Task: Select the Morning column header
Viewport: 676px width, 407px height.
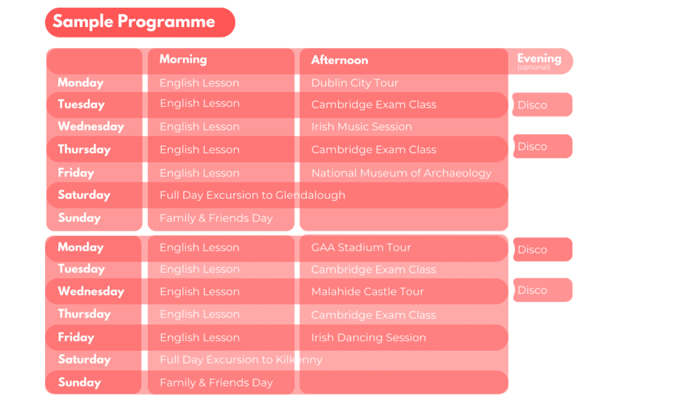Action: (x=184, y=59)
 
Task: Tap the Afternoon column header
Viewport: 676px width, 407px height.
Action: (x=340, y=60)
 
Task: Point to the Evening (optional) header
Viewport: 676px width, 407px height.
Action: (x=539, y=61)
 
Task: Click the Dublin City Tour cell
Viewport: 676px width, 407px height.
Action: (x=355, y=83)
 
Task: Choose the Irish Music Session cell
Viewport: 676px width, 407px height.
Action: (x=362, y=126)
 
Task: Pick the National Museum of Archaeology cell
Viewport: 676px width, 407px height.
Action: (x=401, y=173)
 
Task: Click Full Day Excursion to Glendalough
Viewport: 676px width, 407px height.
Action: (x=252, y=195)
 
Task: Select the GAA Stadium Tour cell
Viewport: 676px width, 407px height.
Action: (x=361, y=247)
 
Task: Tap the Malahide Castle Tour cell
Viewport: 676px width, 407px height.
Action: (x=368, y=291)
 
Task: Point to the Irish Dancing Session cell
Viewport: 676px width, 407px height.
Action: (x=368, y=338)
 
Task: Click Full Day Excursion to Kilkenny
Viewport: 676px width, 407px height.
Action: (x=241, y=359)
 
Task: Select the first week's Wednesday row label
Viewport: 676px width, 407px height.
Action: (x=91, y=126)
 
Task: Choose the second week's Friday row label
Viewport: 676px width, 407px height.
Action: (x=76, y=337)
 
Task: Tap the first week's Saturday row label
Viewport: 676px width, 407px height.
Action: (x=84, y=195)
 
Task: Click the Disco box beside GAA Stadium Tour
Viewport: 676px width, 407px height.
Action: (x=543, y=250)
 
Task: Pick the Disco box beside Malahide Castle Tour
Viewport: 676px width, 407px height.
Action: (x=543, y=290)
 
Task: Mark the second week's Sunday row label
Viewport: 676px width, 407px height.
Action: (x=79, y=383)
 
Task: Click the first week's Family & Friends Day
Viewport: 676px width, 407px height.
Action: (x=216, y=218)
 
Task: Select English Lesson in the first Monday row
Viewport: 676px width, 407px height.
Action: (x=199, y=83)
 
